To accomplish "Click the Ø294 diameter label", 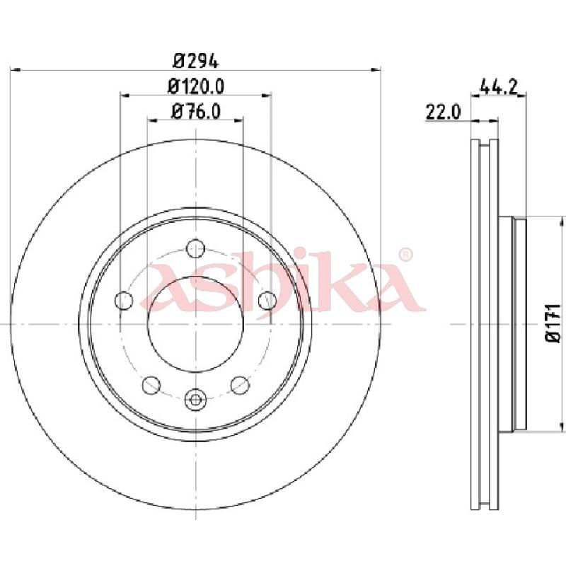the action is [x=196, y=61].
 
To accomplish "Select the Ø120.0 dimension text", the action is [x=196, y=86].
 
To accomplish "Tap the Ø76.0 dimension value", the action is [x=196, y=111].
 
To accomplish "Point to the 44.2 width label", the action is [x=499, y=86].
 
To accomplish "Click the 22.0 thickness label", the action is [x=444, y=112].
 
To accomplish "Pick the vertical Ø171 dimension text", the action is [x=554, y=323].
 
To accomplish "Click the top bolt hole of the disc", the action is [x=196, y=248].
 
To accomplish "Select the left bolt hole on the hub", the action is [x=124, y=300].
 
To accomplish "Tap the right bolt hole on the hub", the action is [x=267, y=300].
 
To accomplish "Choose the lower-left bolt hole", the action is [x=151, y=385].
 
